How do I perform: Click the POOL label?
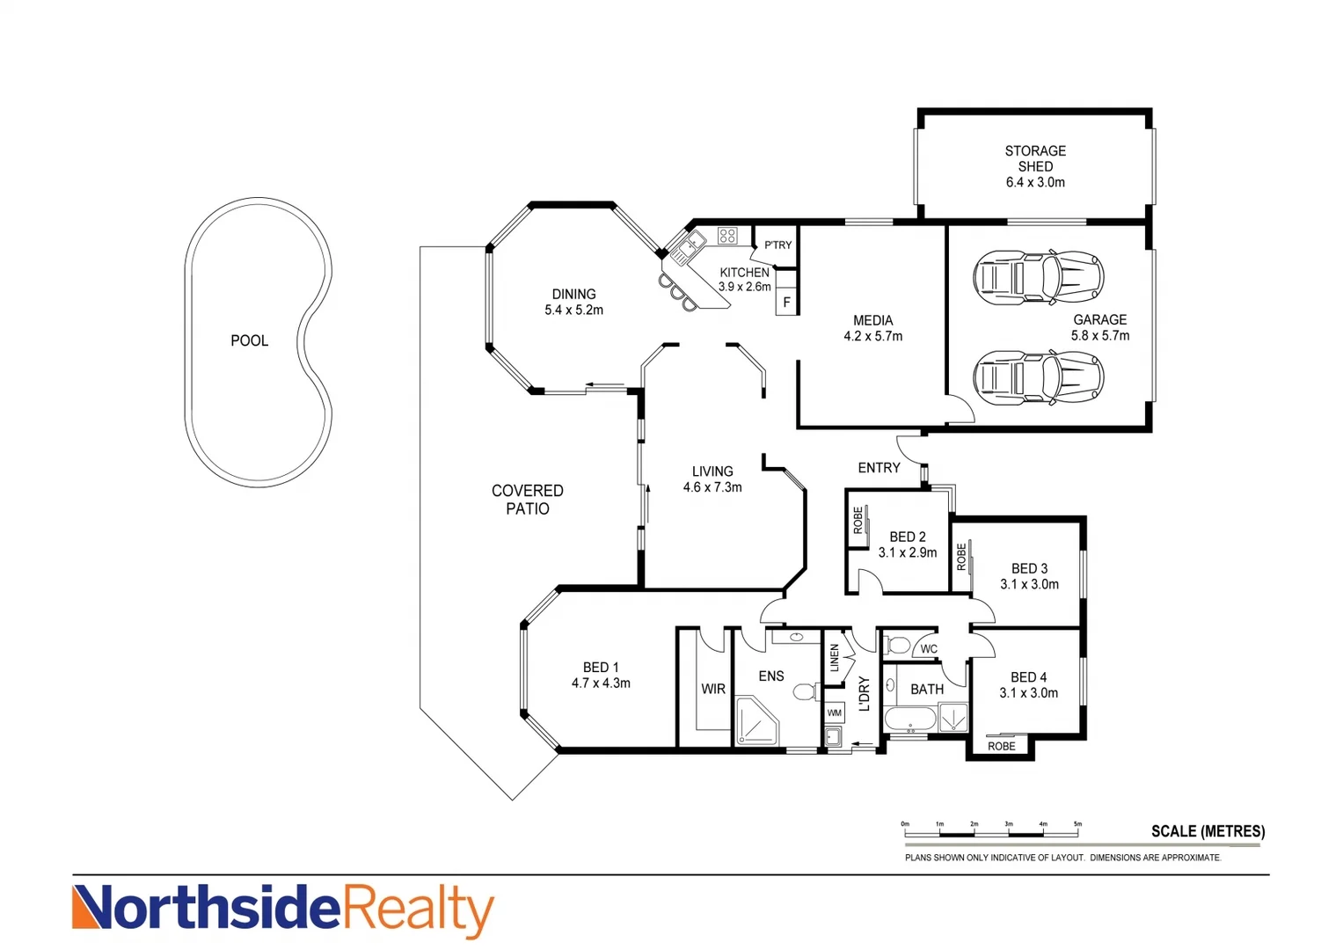pyautogui.click(x=249, y=340)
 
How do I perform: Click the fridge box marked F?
pyautogui.click(x=786, y=303)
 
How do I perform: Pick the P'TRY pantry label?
pyautogui.click(x=777, y=245)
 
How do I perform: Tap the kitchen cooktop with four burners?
pyautogui.click(x=727, y=235)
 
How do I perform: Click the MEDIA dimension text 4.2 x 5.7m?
pyautogui.click(x=872, y=336)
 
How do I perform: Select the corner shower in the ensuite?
pyautogui.click(x=755, y=721)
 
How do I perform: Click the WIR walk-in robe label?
pyautogui.click(x=713, y=689)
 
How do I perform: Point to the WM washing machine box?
pyautogui.click(x=834, y=712)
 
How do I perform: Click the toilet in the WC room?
pyautogui.click(x=897, y=647)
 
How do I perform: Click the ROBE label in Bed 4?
pyautogui.click(x=1001, y=746)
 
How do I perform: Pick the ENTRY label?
pyautogui.click(x=879, y=468)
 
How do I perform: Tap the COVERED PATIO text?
pyautogui.click(x=527, y=500)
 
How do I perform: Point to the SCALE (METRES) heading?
pyautogui.click(x=1208, y=831)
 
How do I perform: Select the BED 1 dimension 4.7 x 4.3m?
pyautogui.click(x=601, y=683)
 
